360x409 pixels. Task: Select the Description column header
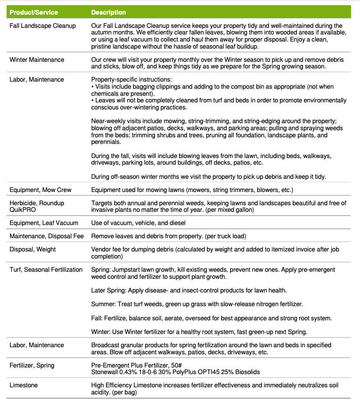point(108,12)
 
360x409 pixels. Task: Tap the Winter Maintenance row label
point(37,60)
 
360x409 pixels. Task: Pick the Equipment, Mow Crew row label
point(41,190)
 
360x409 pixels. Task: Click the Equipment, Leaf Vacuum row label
point(44,223)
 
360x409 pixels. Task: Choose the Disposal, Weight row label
point(33,249)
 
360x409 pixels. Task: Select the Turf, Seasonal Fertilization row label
point(46,269)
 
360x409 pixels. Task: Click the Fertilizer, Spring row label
point(32,365)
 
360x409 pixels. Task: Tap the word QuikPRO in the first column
point(22,209)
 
